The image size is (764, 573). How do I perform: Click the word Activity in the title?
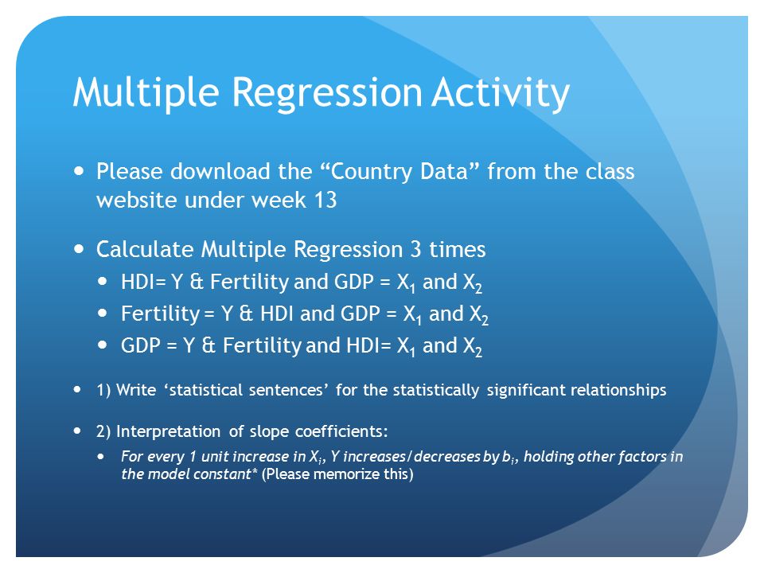501,92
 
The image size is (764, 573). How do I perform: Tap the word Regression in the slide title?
327,92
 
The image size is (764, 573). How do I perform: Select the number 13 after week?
325,200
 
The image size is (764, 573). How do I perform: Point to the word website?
136,200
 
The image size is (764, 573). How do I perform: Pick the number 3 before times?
415,249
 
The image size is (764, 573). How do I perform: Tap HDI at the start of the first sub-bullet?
138,281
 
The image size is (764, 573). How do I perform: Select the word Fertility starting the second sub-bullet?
160,314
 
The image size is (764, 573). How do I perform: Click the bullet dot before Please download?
80,172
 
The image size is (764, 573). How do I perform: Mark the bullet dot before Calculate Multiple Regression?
80,249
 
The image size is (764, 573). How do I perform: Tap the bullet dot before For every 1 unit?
101,457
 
